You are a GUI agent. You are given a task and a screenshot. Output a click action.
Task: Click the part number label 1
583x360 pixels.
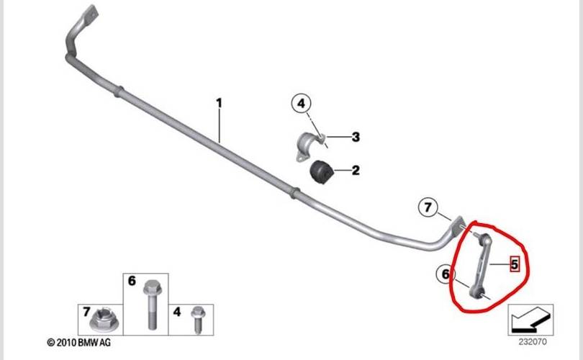click(219, 103)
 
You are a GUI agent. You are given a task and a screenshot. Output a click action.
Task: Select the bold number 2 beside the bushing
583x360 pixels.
click(356, 171)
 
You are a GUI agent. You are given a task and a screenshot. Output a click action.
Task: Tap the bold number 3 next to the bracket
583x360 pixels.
click(356, 137)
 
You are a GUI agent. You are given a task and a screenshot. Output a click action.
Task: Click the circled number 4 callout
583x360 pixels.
click(301, 103)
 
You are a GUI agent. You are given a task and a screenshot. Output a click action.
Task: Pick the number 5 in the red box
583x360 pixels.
click(515, 264)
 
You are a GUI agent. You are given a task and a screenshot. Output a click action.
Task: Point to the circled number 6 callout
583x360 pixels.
click(446, 274)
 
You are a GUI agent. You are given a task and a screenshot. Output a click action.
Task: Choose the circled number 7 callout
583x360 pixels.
click(428, 207)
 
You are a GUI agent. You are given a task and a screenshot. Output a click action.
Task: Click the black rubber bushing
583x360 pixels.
click(322, 171)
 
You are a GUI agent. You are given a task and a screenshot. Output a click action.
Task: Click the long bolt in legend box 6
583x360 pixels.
click(151, 305)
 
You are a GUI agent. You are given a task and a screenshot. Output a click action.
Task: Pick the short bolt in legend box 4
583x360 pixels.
click(197, 319)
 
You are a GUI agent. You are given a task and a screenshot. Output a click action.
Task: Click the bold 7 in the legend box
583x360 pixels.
click(86, 312)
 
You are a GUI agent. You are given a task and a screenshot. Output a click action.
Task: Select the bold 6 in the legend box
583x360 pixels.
click(132, 281)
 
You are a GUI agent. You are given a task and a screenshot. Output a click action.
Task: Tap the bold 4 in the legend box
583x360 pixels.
click(177, 312)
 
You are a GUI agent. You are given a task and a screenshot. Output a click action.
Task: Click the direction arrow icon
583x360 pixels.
click(530, 320)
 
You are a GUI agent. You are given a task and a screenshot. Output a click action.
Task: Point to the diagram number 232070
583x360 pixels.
click(533, 341)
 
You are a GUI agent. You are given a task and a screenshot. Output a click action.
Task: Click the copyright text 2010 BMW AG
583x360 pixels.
click(79, 343)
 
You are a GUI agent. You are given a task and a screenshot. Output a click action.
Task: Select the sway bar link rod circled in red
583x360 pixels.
click(479, 265)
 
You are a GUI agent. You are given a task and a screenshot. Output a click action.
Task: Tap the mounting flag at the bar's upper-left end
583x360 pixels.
click(89, 14)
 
